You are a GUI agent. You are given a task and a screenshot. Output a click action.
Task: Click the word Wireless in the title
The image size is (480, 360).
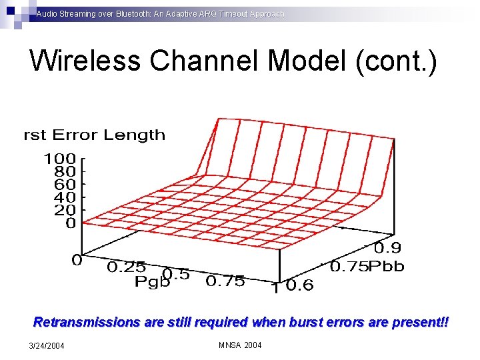[86, 61]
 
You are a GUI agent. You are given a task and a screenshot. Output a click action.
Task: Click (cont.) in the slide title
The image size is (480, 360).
[397, 61]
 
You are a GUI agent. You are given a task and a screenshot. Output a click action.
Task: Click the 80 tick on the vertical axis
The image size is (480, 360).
[65, 172]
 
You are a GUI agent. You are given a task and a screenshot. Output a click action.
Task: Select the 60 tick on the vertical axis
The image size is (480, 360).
[65, 185]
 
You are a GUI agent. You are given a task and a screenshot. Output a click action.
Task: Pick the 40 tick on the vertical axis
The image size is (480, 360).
[65, 197]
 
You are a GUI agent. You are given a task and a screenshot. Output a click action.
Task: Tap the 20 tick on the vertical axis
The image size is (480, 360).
[65, 210]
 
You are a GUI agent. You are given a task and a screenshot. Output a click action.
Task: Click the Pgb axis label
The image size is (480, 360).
[153, 282]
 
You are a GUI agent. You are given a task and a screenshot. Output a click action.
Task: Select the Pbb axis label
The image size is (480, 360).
[386, 266]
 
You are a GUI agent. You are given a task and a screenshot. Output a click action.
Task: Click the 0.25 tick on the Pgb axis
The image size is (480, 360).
[128, 267]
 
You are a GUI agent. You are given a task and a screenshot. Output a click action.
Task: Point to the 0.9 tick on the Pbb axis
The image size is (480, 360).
[387, 249]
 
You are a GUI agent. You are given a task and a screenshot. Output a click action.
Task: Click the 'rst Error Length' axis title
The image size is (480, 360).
[95, 135]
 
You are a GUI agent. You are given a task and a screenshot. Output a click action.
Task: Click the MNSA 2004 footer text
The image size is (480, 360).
[240, 345]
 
